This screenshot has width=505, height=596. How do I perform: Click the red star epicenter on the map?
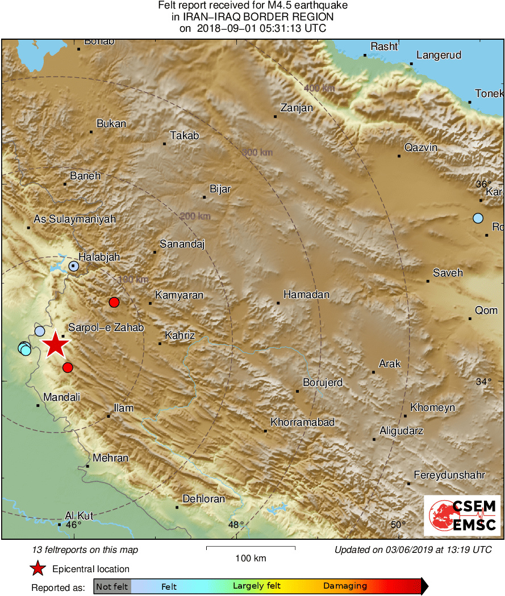pos(56,344)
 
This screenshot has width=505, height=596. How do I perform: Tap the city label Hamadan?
pos(306,295)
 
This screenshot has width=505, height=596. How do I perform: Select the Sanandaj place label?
pos(182,244)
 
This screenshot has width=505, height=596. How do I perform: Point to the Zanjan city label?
pos(297,108)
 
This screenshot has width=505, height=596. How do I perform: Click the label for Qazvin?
pos(420,148)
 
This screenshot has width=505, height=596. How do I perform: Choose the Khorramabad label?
pos(302,422)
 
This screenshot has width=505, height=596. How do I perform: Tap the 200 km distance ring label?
pos(195,216)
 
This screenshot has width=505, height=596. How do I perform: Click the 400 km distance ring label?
pos(319,88)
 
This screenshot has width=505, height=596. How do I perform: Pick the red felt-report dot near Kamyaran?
pos(114,302)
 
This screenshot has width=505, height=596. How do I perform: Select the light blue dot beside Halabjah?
pos(74,266)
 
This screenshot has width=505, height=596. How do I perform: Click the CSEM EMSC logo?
pos(462,515)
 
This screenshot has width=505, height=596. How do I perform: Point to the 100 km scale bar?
pos(251,548)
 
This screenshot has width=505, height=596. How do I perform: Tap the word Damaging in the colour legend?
pos(345,586)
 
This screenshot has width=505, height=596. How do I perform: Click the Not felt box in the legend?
pos(112,586)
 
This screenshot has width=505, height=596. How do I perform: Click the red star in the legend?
pos(37,568)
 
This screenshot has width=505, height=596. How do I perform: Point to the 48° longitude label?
pos(236,524)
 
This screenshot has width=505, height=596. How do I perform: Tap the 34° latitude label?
pos(483,381)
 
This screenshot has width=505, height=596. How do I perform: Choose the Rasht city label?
pos(384,47)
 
